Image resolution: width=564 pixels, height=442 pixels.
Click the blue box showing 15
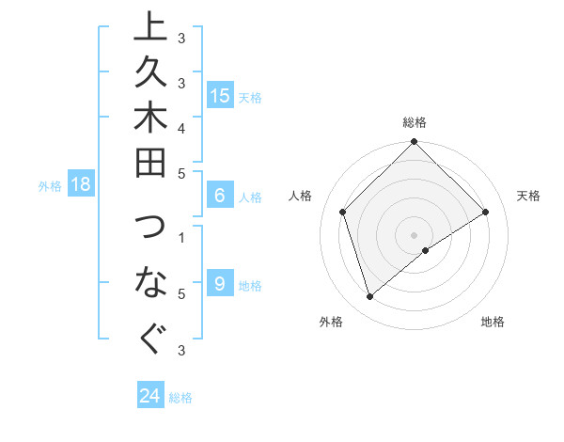220,96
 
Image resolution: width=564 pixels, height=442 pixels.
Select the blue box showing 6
220,197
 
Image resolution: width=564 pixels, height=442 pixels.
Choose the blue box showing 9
220,285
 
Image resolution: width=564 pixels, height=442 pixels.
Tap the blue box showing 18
81,185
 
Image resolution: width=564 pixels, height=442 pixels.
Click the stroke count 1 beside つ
181,237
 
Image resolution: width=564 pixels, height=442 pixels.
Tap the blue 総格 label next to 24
180,398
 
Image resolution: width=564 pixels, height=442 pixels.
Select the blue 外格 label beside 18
50,186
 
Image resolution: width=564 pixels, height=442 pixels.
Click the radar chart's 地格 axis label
493,322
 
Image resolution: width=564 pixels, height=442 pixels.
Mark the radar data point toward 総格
414,143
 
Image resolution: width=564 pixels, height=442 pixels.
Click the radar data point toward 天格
486,213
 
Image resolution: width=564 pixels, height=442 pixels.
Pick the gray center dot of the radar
414,234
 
